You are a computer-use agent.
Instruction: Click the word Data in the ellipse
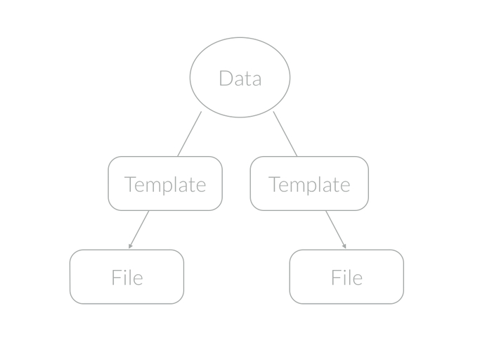[x=240, y=78]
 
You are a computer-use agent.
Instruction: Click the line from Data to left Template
[x=189, y=134]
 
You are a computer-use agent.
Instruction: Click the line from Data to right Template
[x=285, y=134]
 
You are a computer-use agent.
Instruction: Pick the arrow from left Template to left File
[x=139, y=229]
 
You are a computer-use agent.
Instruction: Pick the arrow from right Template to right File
[x=335, y=229]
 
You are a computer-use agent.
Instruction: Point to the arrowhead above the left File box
[x=130, y=246]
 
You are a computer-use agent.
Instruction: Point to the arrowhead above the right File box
[x=344, y=246]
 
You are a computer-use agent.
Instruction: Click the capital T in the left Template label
[x=130, y=184]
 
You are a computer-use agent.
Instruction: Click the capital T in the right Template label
[x=274, y=184]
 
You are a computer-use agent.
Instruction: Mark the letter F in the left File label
[x=116, y=278]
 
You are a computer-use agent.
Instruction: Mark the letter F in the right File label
[x=336, y=278]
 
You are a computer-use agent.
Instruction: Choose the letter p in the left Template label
[x=169, y=186]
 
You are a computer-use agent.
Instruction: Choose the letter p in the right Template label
[x=313, y=186]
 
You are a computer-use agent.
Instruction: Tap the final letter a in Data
[x=257, y=79]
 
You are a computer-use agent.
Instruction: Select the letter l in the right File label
[x=349, y=277]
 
